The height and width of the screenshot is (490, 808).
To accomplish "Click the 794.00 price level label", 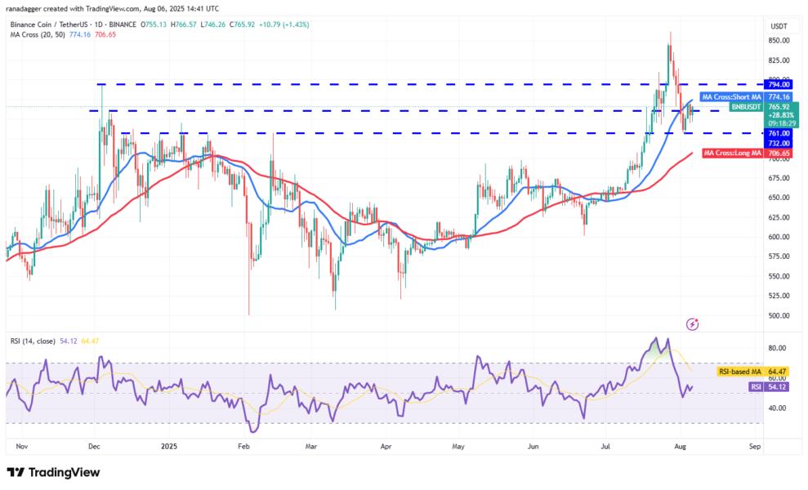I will click(x=778, y=84).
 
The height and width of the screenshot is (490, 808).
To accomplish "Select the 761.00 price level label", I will click(x=778, y=133).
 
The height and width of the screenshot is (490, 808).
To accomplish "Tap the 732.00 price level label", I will click(x=778, y=143).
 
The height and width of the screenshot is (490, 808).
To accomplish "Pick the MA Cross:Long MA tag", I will click(x=731, y=154).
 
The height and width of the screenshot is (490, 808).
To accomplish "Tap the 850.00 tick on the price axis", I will click(x=778, y=40).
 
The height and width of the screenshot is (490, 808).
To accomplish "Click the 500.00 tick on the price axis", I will click(x=778, y=315).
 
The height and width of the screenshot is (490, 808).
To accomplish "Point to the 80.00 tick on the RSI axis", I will click(x=777, y=348).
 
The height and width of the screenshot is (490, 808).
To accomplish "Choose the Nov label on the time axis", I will click(x=22, y=447).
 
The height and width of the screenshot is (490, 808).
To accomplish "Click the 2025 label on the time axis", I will click(x=169, y=447).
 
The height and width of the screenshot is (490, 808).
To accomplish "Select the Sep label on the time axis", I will click(x=755, y=447).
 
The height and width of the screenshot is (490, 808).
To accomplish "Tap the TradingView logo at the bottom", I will click(x=53, y=472).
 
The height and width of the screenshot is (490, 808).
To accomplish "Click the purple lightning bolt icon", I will click(x=693, y=324).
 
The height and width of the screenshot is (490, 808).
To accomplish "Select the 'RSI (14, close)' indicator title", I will click(x=39, y=340).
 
